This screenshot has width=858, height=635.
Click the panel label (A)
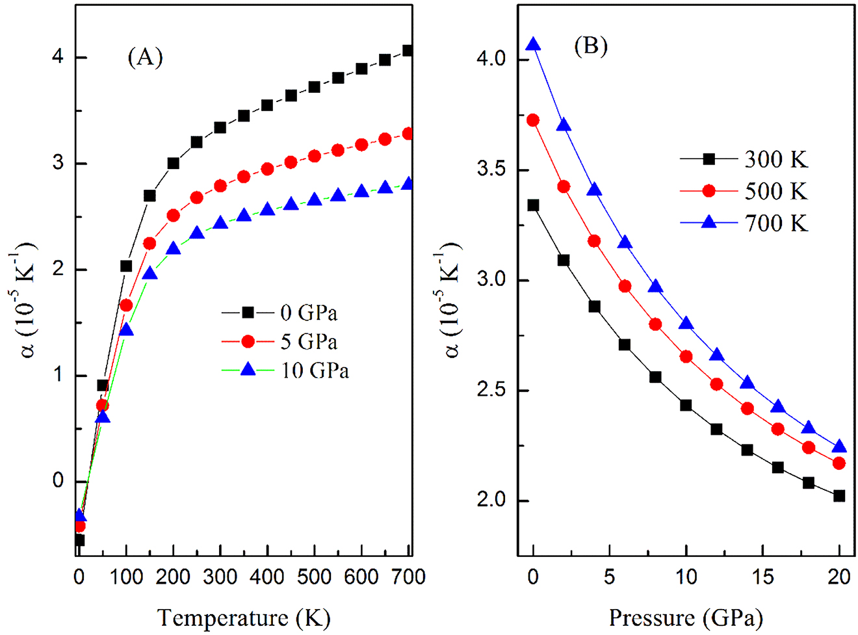point(144,58)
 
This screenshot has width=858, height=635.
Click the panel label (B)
point(590,47)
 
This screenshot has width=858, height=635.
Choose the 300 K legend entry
point(744,159)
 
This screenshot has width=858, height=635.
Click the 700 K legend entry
point(744,224)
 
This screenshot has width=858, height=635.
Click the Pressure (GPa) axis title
point(686,616)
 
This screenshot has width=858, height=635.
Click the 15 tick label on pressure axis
point(762,577)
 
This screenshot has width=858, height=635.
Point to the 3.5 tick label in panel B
point(493,170)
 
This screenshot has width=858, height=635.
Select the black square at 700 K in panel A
point(408,51)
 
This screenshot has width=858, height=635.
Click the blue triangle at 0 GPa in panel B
point(534,45)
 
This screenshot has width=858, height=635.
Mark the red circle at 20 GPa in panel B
point(839,463)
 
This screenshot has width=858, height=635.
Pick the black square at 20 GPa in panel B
point(839,496)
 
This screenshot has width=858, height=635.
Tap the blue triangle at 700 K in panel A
point(408,184)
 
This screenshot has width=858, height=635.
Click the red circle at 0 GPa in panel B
point(534,120)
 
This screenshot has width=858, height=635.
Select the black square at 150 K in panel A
point(149,196)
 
